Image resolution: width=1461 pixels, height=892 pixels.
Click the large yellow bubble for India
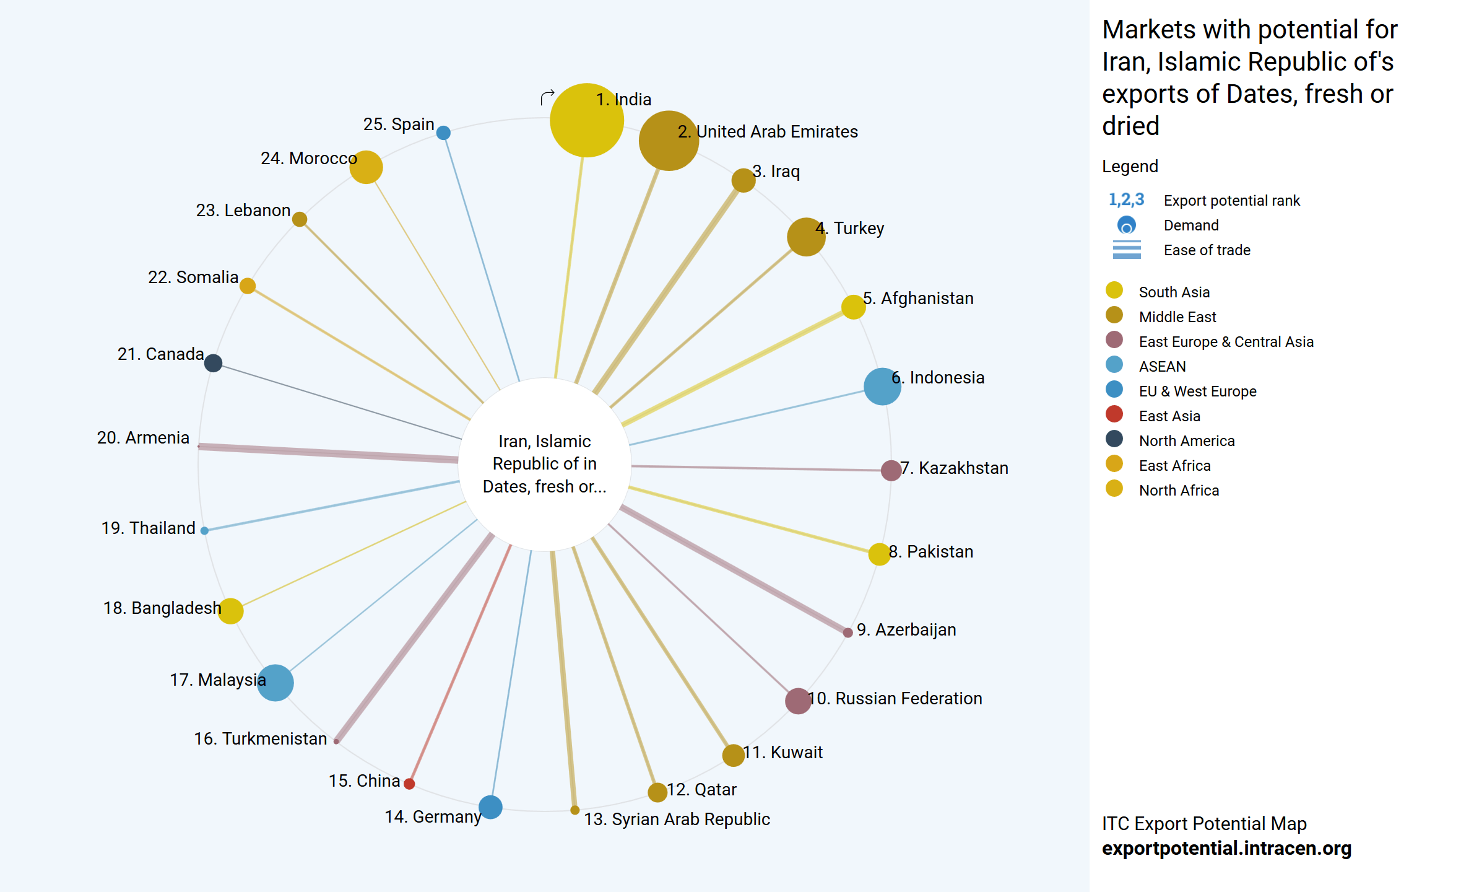586,120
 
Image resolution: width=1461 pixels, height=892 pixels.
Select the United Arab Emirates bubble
669,141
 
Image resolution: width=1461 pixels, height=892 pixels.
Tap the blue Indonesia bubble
882,387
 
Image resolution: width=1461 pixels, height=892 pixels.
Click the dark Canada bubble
213,363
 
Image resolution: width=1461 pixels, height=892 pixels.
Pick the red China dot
409,784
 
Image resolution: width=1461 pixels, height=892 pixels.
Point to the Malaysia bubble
275,683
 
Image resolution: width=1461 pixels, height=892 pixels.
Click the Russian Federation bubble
798,701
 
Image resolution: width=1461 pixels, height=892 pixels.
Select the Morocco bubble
366,167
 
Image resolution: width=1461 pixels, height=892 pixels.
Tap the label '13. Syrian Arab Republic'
677,820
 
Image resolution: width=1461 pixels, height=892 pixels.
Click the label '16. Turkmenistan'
261,739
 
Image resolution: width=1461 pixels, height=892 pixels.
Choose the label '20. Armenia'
143,438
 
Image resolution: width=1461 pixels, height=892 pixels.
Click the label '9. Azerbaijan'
906,630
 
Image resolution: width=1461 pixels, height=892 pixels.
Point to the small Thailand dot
204,530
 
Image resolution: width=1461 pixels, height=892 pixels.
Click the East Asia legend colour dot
1114,414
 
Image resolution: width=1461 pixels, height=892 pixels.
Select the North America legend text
1187,441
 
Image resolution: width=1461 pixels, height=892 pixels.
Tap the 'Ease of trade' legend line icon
1127,250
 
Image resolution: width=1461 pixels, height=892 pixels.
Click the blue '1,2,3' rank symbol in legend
1126,199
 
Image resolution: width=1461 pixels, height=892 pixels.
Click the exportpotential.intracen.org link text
1226,849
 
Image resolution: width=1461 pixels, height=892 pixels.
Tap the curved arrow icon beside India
547,97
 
